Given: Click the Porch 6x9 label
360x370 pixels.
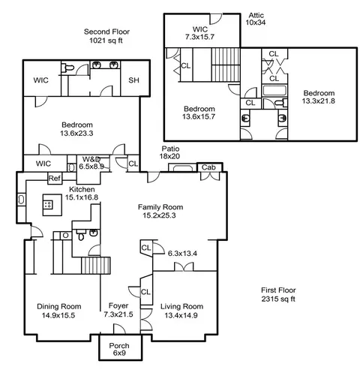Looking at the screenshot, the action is coord(119,349).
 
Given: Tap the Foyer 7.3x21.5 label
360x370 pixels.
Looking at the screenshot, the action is coord(118,310).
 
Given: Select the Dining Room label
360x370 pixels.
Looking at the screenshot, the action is coord(59,306).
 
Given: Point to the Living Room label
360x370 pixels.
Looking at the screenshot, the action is coord(181,306).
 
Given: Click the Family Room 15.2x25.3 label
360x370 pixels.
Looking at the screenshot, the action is coord(160,211).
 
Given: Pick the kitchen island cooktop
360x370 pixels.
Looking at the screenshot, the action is coord(48,205).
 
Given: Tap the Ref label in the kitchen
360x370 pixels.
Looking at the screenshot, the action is coord(54,179).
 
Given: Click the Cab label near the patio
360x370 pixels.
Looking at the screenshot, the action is coord(208,167).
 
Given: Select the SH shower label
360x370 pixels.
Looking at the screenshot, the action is coord(133,80).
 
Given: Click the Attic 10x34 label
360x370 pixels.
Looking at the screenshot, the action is coord(256,19).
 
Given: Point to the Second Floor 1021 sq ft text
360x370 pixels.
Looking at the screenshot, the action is coord(106,36).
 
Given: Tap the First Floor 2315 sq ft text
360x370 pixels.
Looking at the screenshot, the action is coord(278,294).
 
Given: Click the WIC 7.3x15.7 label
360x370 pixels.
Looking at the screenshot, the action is coord(199,33).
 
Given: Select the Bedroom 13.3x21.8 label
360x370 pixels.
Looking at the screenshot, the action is coord(319,97).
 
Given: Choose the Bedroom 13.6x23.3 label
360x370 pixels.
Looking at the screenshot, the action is coord(76,129).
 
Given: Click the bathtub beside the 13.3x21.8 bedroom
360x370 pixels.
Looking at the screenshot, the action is coord(274,91).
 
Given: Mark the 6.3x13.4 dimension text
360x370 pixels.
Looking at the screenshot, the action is coord(182,254).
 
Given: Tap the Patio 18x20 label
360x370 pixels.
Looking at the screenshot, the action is coord(170,152).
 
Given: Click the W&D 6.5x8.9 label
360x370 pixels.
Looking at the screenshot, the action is coord(91,163).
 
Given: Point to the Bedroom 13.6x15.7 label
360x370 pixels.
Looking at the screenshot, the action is coord(199,113).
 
